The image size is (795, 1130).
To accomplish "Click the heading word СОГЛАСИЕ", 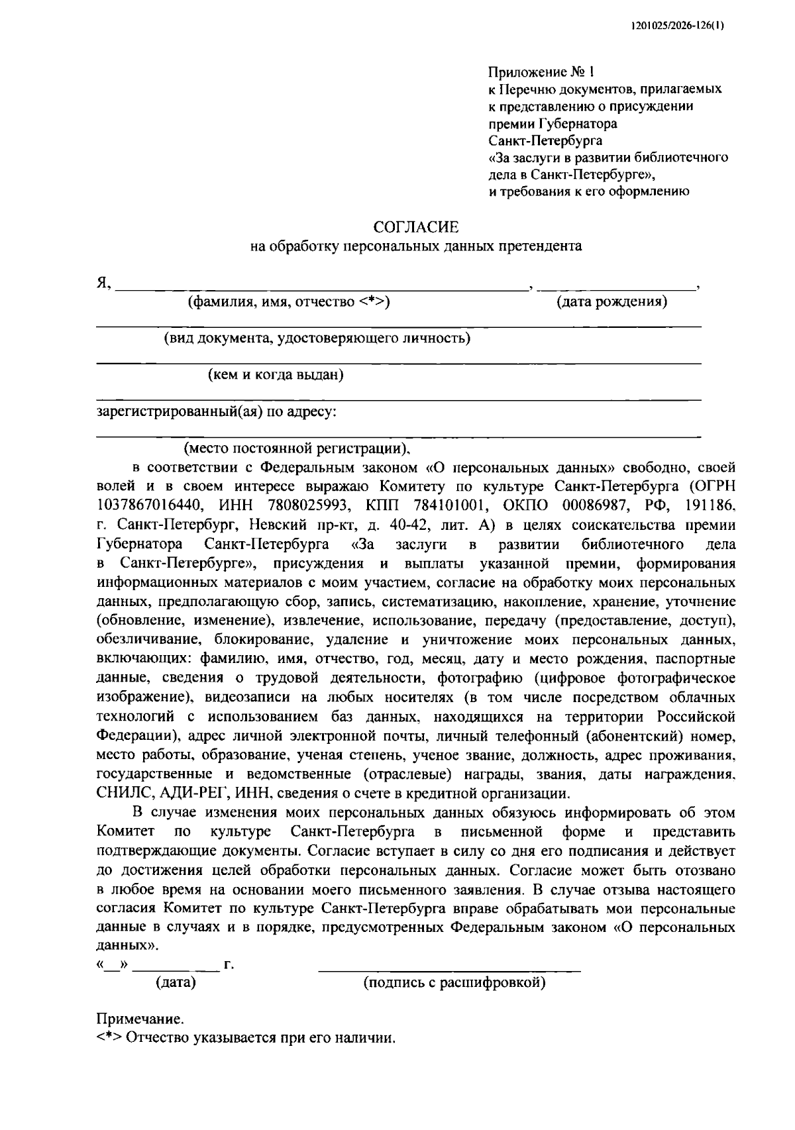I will point(416,228).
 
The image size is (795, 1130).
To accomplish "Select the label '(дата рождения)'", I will point(611,303).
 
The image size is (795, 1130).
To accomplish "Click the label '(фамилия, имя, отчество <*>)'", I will point(289,303).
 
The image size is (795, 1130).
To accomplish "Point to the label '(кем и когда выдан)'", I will point(276,376).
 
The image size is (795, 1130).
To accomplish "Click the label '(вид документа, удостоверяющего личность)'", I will point(317,339).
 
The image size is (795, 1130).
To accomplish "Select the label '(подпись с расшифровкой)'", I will point(454,983).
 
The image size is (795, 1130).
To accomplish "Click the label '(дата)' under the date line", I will point(176,983).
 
